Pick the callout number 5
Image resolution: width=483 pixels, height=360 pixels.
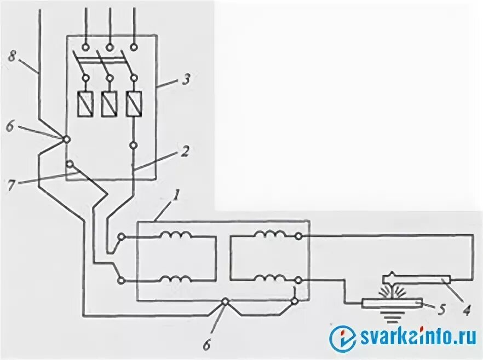442,308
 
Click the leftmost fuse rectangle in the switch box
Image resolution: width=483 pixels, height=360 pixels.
85,104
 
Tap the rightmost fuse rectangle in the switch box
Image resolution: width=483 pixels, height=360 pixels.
134,104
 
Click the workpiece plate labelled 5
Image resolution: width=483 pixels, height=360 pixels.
392,303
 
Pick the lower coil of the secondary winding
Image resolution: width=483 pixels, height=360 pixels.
268,278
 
